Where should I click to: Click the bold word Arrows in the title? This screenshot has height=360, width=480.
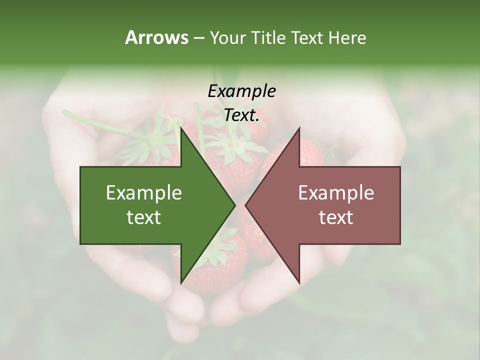(x=156, y=37)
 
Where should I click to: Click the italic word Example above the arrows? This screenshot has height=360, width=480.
(x=241, y=91)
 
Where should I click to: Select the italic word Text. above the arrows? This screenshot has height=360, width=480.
(x=241, y=115)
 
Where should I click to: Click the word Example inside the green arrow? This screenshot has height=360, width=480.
(x=144, y=193)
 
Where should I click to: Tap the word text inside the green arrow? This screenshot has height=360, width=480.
(x=144, y=217)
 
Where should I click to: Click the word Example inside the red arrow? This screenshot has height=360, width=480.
(x=336, y=193)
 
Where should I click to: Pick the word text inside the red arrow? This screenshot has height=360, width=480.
(x=336, y=217)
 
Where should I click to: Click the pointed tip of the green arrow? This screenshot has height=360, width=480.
(x=234, y=205)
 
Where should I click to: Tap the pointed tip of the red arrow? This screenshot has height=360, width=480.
(x=246, y=205)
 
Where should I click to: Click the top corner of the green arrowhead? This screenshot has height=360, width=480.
(x=181, y=128)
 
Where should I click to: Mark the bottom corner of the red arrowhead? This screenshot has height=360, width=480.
(x=299, y=283)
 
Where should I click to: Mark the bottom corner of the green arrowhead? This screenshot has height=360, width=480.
(x=181, y=283)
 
